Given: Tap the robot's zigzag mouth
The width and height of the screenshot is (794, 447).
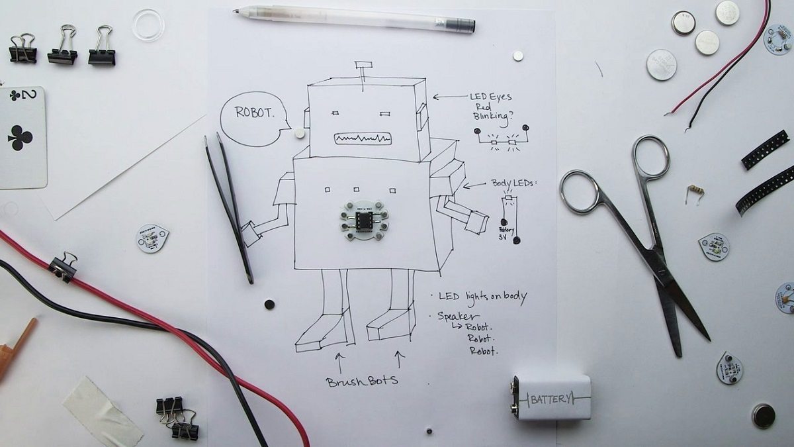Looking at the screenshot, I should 363,138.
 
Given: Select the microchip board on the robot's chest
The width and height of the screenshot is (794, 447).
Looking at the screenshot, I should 363,221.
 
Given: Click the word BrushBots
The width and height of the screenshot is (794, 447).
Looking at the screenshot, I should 362,382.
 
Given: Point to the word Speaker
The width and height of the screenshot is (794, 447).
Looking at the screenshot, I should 459,317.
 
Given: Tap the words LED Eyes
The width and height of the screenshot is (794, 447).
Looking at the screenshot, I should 490,97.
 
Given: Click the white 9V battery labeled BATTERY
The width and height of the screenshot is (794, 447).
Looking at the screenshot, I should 551,398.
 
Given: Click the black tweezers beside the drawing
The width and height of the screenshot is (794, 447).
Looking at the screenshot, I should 229,205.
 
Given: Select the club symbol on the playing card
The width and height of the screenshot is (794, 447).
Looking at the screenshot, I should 20,138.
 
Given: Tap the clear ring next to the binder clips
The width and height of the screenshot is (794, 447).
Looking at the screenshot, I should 147,25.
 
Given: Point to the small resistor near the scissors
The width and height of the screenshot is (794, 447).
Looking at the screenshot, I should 694,191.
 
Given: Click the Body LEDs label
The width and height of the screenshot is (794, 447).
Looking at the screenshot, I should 513,183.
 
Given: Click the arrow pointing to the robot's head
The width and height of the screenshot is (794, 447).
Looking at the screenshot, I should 449,97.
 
